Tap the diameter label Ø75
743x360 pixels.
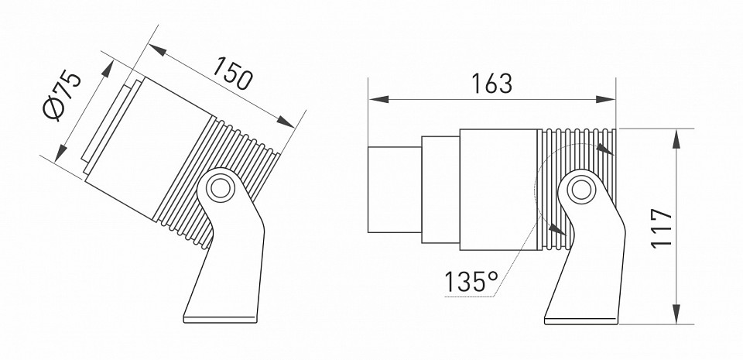(x=61, y=94)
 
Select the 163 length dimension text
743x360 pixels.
(x=491, y=83)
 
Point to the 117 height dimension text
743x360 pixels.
(x=660, y=228)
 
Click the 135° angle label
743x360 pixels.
(x=470, y=283)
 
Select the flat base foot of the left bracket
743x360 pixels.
(x=220, y=316)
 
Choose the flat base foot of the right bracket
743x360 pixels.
(x=581, y=317)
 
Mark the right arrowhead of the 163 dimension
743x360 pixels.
(x=607, y=99)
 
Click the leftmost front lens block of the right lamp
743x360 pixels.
(x=394, y=188)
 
